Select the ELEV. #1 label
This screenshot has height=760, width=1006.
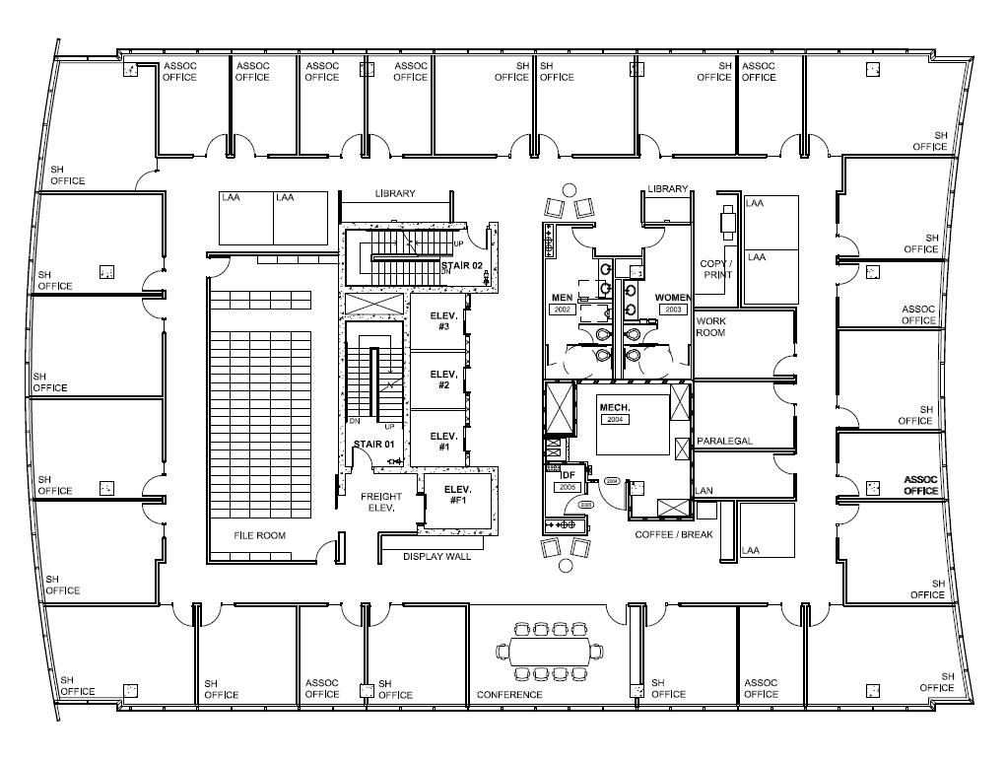[443, 441]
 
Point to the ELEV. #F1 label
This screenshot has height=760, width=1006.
[458, 495]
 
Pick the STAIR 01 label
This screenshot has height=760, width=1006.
[374, 445]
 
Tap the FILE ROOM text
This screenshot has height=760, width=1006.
[259, 536]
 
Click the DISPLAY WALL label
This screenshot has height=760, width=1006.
[437, 557]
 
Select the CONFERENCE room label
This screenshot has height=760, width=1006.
[509, 695]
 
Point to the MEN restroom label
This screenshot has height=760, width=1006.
[562, 298]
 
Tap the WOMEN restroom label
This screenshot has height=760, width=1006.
[673, 298]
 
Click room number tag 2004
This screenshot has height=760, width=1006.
[617, 419]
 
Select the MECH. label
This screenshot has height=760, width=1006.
[615, 407]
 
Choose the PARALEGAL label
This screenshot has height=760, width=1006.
[724, 441]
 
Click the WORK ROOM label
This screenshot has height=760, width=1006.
[710, 327]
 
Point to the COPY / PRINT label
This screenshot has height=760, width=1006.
[717, 269]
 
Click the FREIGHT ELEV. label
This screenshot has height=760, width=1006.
[380, 503]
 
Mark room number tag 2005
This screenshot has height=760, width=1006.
[567, 487]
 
